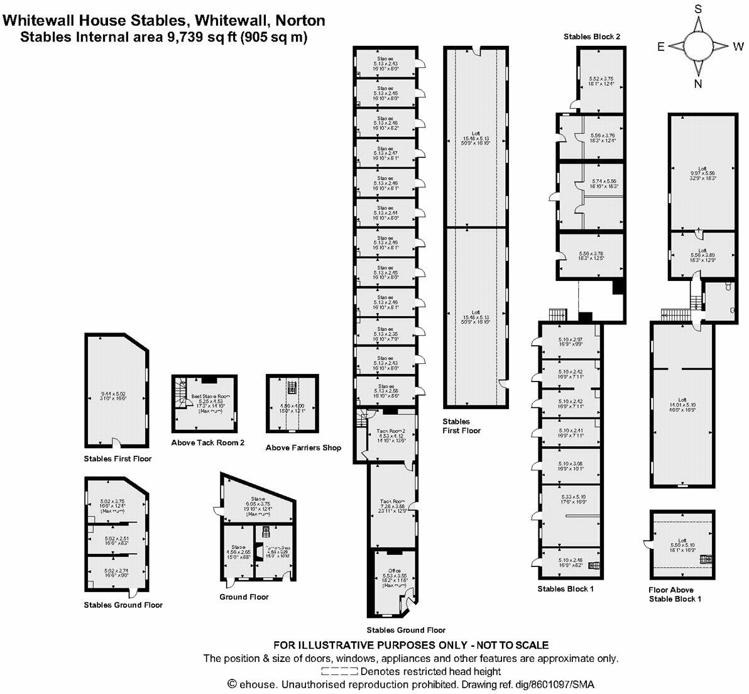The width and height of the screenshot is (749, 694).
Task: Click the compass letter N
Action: tap(697, 82)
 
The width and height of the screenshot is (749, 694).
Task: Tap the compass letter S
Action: tap(697, 9)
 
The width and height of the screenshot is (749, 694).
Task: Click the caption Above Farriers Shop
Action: tap(303, 448)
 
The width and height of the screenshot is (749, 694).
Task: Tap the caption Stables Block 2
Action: tap(592, 37)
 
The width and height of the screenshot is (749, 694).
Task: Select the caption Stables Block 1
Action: tap(565, 589)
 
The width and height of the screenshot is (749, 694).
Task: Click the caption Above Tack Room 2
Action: tap(207, 443)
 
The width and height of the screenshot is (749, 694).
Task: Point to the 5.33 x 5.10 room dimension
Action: tap(572, 497)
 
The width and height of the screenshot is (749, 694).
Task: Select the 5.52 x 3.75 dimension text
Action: tap(601, 80)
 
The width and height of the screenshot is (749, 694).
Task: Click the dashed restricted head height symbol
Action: tap(339, 671)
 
